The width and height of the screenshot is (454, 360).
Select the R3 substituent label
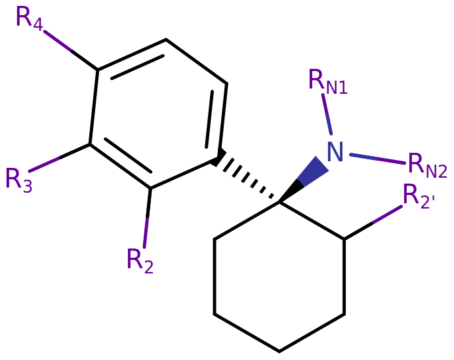(18, 179)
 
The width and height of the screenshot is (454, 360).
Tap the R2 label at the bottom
(139, 261)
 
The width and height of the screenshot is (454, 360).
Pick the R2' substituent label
(418, 197)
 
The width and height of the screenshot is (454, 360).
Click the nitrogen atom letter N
(335, 152)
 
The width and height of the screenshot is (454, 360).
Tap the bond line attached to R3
(59, 157)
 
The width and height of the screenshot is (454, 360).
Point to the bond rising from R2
(148, 216)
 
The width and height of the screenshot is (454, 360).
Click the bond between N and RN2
(377, 159)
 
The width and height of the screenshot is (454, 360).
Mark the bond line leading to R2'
(372, 223)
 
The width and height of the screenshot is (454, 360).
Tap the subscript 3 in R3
(27, 188)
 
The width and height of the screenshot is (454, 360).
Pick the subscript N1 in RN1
(337, 89)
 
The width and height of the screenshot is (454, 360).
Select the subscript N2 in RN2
(436, 172)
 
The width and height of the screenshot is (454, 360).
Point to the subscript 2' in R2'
(427, 203)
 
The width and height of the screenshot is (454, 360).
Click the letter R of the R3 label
(12, 177)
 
